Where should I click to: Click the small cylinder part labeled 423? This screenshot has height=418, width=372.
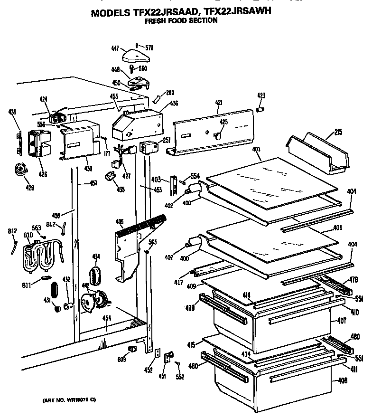pos(260,110)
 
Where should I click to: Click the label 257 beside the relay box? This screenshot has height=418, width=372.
pos(166,141)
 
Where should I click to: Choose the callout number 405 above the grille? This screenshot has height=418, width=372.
pos(120,221)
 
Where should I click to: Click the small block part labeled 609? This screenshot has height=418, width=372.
pos(133,350)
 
